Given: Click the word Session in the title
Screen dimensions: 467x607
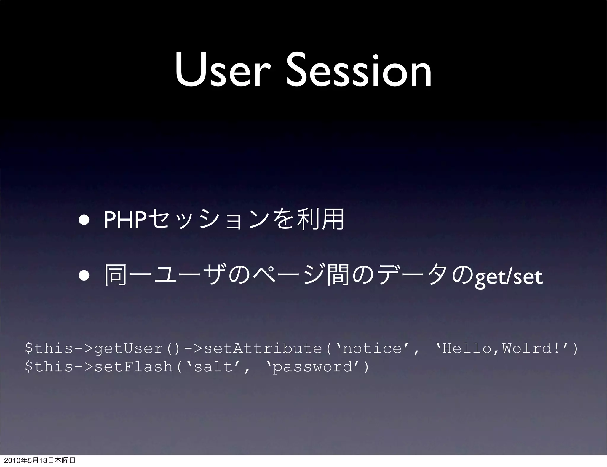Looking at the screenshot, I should point(359,71).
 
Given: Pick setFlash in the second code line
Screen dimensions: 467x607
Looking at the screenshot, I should point(133,367).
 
